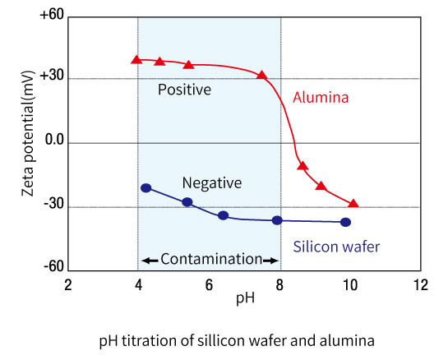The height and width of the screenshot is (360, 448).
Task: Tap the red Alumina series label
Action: (321, 97)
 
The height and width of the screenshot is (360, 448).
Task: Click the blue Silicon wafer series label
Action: (336, 246)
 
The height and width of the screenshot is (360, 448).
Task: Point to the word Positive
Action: (184, 89)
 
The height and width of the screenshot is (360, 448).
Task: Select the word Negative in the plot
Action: (212, 183)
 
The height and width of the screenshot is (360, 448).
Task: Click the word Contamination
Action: (210, 259)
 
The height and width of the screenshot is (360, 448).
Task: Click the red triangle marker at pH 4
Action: (136, 59)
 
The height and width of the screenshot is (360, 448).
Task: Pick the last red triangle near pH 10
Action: (353, 203)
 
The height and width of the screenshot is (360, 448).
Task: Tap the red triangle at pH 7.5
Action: (262, 75)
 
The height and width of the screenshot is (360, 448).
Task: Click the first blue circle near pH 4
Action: (146, 188)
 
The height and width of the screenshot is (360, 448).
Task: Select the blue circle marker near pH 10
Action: (345, 222)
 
